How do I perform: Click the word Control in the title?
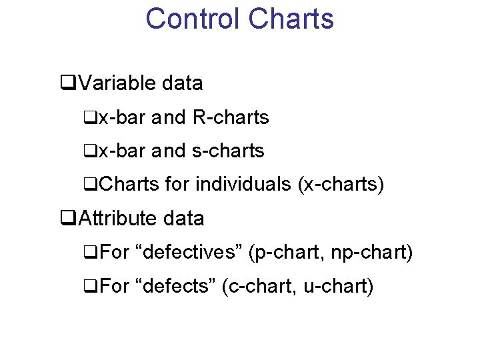(x=193, y=18)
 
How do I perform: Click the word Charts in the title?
(x=291, y=18)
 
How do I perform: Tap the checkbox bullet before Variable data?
(x=66, y=84)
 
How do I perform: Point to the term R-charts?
(x=230, y=118)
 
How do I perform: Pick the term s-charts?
(x=228, y=151)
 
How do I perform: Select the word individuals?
(x=243, y=184)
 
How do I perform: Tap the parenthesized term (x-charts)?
(x=341, y=184)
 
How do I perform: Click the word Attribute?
(x=119, y=218)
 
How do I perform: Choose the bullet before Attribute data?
(x=66, y=219)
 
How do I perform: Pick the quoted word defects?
(x=175, y=286)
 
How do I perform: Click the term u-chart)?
(x=338, y=286)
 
